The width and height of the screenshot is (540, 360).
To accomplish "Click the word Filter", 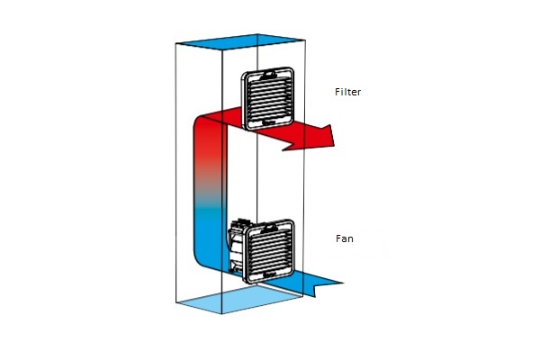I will click(x=347, y=93).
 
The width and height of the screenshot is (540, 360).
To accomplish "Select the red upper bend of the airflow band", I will click(x=203, y=126).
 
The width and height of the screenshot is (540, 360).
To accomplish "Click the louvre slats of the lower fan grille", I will click(x=273, y=249).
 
